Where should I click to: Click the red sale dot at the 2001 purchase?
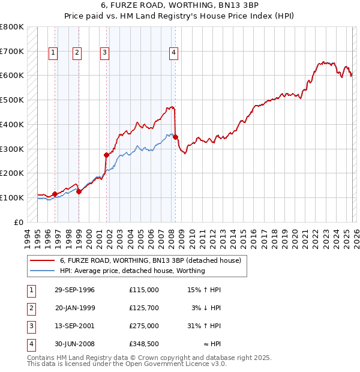pyautogui.click(x=107, y=155)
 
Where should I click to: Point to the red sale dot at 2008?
pyautogui.click(x=176, y=137)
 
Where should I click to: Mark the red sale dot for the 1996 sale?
pyautogui.click(x=55, y=194)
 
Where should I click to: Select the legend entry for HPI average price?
pyautogui.click(x=132, y=271)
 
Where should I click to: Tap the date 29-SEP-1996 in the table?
pyautogui.click(x=74, y=290)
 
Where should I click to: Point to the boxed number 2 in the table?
pyautogui.click(x=30, y=308)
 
